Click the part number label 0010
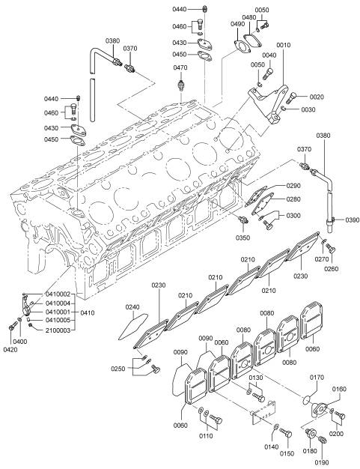tap(283, 45)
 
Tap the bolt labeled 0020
tap(291, 98)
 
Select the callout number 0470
tap(180, 67)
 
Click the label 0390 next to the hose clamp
tap(353, 220)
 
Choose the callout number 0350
tap(242, 237)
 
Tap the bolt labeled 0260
tap(331, 249)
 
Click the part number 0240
tap(132, 307)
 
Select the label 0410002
tap(58, 294)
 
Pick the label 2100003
tap(58, 330)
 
